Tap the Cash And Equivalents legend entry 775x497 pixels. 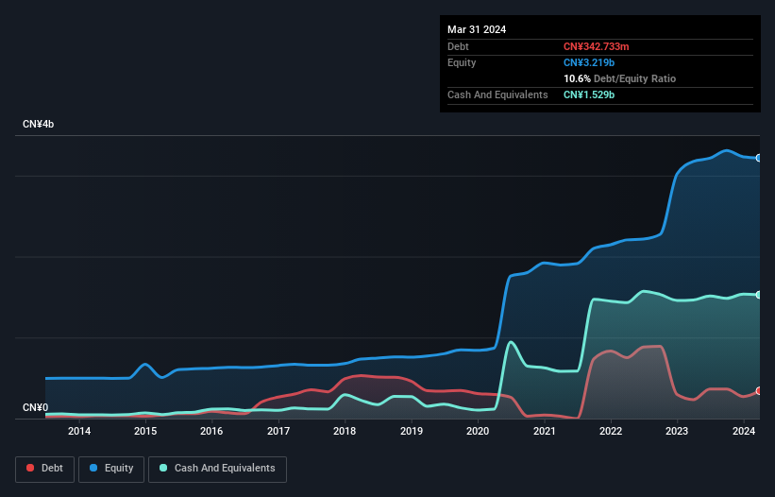tap(217, 469)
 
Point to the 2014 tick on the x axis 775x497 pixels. tap(79, 432)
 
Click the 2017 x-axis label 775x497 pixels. tap(278, 432)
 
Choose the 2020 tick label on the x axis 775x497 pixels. tap(478, 432)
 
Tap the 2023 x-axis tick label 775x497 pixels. tap(677, 432)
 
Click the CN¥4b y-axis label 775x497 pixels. tap(39, 125)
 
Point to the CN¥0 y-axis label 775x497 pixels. tap(35, 408)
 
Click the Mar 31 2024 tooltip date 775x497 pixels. tap(477, 29)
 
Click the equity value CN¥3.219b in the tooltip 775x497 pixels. tap(590, 62)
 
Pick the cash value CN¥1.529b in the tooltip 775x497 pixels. tap(590, 94)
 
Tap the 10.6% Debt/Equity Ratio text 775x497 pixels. tap(619, 78)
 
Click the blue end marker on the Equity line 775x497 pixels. tap(759, 158)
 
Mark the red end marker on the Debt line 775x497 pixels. tap(759, 391)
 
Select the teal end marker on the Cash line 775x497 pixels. tap(759, 295)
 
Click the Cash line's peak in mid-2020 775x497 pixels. tap(510, 342)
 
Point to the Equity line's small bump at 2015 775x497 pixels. tap(145, 364)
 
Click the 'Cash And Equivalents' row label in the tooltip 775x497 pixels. tap(497, 94)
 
